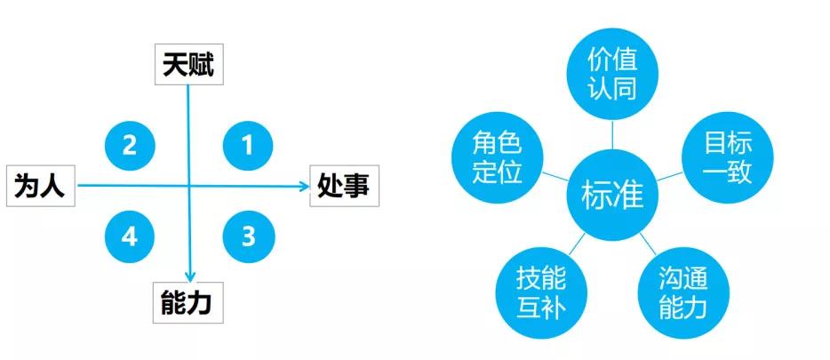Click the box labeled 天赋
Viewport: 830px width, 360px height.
[x=188, y=65]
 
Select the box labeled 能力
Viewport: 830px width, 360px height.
[x=188, y=303]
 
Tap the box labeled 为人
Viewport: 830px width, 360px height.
[x=40, y=186]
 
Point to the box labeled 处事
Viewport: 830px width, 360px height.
[x=344, y=186]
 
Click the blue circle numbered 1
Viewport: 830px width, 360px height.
[x=248, y=145]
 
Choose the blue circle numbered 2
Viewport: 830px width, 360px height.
[x=130, y=145]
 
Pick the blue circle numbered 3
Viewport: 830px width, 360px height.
[x=248, y=237]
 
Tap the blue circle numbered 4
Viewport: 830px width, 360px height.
[x=130, y=237]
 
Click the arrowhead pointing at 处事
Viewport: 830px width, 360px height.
[x=304, y=186]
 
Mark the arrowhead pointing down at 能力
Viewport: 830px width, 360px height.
[x=189, y=276]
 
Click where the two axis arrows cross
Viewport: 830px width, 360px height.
[x=189, y=186]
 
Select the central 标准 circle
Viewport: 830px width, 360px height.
[x=612, y=195]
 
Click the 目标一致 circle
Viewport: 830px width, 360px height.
[x=727, y=156]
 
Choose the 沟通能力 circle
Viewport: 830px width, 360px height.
[x=683, y=292]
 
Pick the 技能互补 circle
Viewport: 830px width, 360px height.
[x=541, y=292]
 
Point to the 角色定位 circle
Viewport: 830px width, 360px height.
[x=498, y=156]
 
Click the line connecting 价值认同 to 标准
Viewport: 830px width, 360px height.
[x=612, y=135]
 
